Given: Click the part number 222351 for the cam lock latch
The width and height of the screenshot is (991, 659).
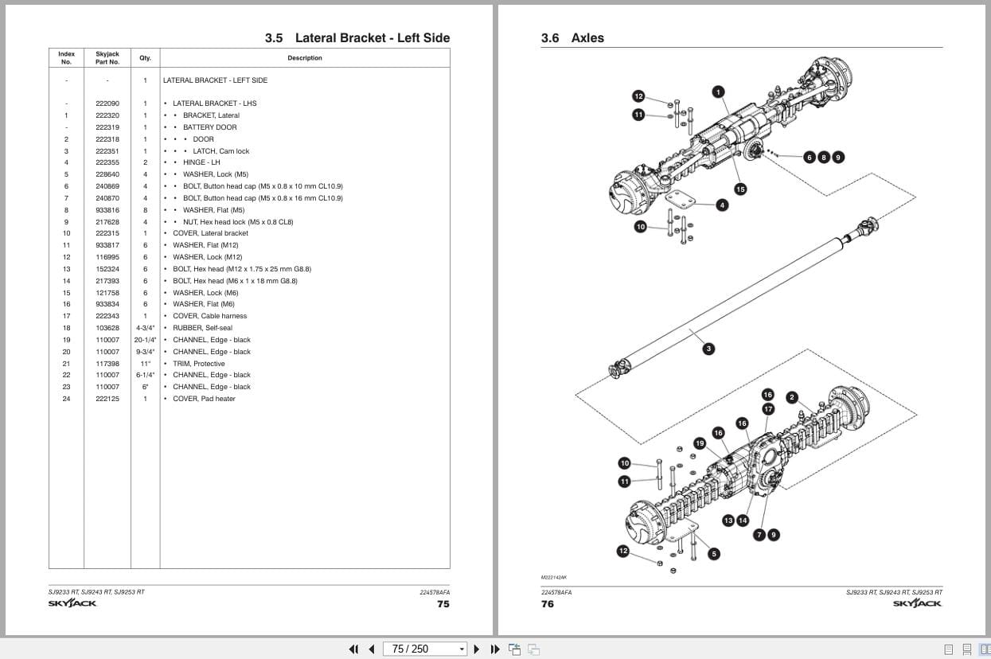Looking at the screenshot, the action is (x=107, y=150).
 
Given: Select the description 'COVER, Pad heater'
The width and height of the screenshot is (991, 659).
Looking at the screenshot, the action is (x=204, y=399).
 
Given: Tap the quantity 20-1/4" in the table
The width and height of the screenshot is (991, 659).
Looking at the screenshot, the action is (x=145, y=340).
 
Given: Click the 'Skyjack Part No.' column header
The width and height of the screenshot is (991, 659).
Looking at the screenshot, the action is (x=107, y=58).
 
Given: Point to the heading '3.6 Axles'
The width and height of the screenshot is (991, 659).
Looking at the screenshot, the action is (x=572, y=38).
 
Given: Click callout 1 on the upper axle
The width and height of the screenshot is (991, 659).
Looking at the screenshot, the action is (x=718, y=92).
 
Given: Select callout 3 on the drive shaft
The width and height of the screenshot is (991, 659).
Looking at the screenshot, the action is (x=708, y=349).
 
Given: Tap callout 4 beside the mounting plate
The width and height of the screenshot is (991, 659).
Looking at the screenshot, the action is (x=722, y=205).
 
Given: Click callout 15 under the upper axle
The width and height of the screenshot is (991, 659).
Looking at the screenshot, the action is (x=740, y=189).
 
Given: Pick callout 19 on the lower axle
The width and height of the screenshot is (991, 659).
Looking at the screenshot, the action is (x=700, y=443).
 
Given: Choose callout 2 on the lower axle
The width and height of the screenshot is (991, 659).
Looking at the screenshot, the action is (x=792, y=398).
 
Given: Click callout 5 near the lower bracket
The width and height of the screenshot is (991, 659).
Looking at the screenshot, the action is (x=714, y=554).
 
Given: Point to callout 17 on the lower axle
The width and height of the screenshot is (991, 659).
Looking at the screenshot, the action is (x=768, y=409).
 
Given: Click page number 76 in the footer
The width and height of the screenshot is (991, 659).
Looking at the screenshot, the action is (x=548, y=604).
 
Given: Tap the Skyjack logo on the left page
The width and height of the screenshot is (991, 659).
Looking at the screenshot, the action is (x=72, y=603).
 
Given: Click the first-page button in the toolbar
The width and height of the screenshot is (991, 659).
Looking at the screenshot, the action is (x=353, y=649).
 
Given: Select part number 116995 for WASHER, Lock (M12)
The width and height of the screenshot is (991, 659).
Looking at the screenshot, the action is (x=107, y=257).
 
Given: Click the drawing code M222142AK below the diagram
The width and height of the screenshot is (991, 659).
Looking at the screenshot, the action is (x=553, y=578).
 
